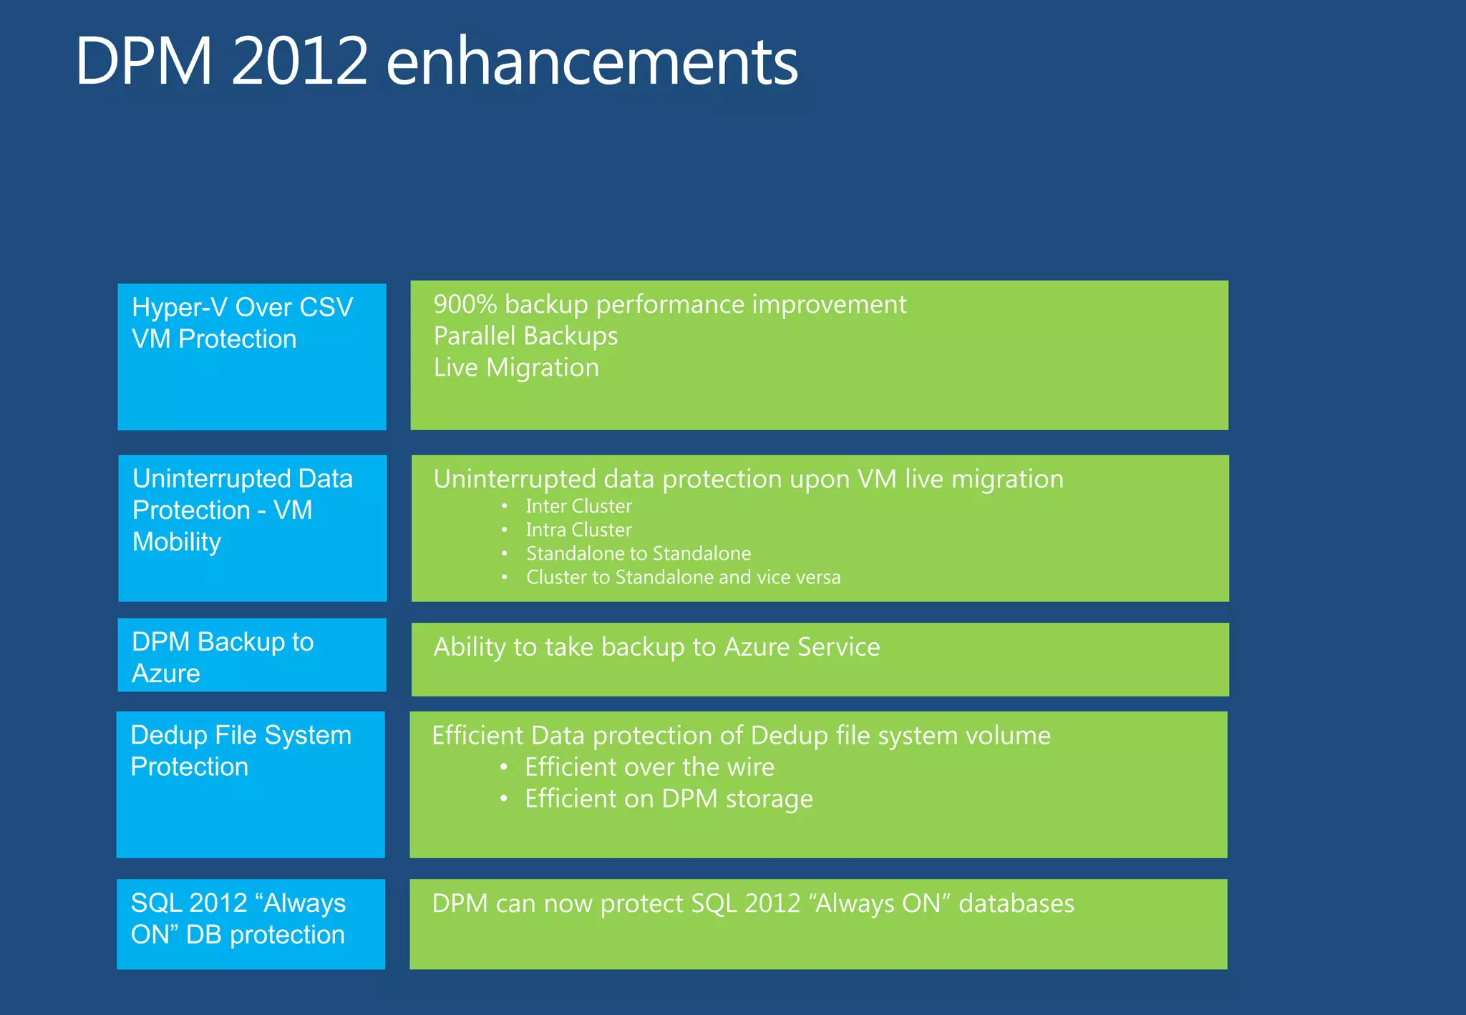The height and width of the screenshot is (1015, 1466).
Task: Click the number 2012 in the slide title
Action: (x=299, y=62)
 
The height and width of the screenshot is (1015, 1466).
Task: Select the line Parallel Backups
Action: (x=525, y=336)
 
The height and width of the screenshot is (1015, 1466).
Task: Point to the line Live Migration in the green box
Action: (x=516, y=368)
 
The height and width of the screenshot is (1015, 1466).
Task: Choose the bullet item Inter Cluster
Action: (x=578, y=507)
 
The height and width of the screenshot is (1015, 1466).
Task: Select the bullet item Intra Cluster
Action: (x=578, y=530)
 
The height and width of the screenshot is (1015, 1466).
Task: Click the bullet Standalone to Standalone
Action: (x=639, y=554)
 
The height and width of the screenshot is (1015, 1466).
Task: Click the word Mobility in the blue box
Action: (x=177, y=542)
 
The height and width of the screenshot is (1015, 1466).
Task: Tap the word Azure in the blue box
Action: (x=166, y=674)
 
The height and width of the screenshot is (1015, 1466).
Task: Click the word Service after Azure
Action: (x=838, y=647)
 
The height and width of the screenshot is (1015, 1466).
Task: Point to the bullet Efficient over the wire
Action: (x=649, y=767)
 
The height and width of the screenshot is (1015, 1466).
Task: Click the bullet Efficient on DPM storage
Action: (x=669, y=799)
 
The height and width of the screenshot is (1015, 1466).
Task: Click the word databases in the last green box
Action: (x=1016, y=904)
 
